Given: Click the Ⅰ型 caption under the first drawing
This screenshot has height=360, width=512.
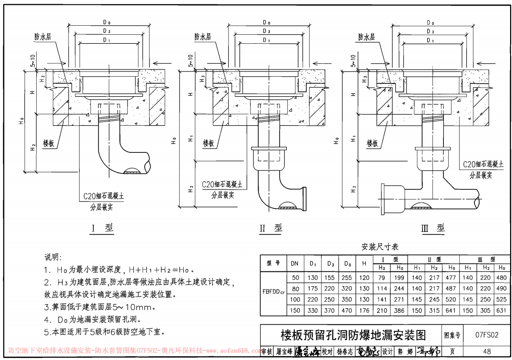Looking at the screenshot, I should tap(102, 228).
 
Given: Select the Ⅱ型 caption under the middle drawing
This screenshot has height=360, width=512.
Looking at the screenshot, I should tap(271, 228).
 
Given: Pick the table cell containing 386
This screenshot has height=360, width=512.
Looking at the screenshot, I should tap(399, 310).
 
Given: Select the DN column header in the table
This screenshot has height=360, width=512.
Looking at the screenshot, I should tap(295, 263).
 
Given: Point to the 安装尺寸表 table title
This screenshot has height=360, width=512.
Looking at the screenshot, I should tap(380, 247).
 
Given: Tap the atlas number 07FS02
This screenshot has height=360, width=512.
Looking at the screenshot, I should tap(486, 335).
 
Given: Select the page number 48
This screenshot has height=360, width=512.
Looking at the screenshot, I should tap(486, 351).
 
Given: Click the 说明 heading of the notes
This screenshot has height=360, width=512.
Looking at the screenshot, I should tap(52, 257).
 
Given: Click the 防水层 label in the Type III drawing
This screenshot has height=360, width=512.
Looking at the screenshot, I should tap(366, 37).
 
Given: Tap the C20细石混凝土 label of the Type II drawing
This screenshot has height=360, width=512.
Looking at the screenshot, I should tap(222, 184).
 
